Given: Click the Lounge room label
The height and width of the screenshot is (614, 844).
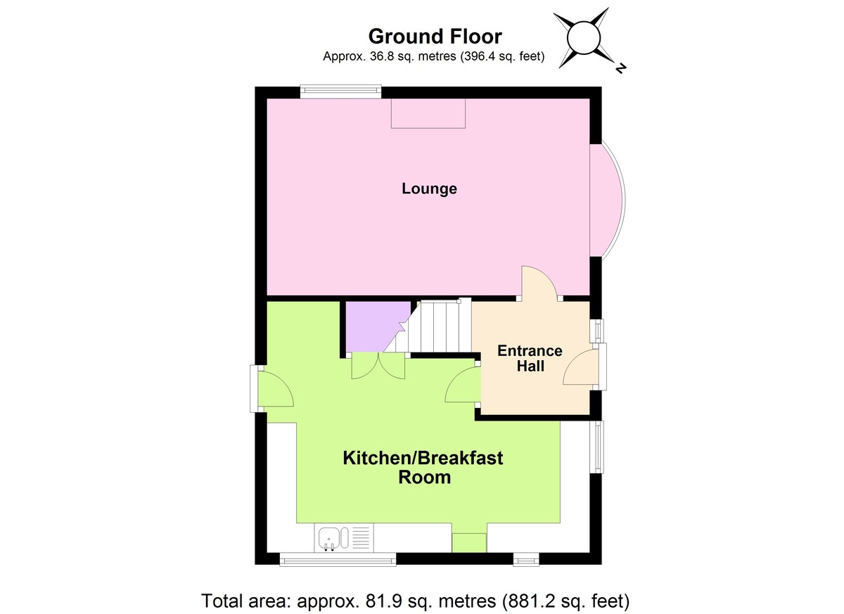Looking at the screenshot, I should point(429,188).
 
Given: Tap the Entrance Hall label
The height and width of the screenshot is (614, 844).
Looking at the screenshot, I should point(530,358).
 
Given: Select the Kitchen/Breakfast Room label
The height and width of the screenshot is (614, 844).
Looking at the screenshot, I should point(423,468).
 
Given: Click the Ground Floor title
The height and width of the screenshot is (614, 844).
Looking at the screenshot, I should point(435,36).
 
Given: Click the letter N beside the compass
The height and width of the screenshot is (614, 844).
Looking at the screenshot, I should point(620,68).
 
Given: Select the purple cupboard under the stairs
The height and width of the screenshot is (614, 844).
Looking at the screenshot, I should point(373,326).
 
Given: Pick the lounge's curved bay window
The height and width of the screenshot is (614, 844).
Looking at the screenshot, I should point(609,201).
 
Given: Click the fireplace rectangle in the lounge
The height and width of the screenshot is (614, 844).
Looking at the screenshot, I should point(428,113).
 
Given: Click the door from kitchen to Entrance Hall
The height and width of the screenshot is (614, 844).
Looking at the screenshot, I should point(463,385).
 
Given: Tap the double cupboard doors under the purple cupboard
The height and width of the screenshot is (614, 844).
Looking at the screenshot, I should point(378,366).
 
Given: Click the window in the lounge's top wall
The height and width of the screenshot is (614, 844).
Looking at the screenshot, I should point(340,90).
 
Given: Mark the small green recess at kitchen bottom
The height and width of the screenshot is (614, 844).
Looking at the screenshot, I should point(468,543).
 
